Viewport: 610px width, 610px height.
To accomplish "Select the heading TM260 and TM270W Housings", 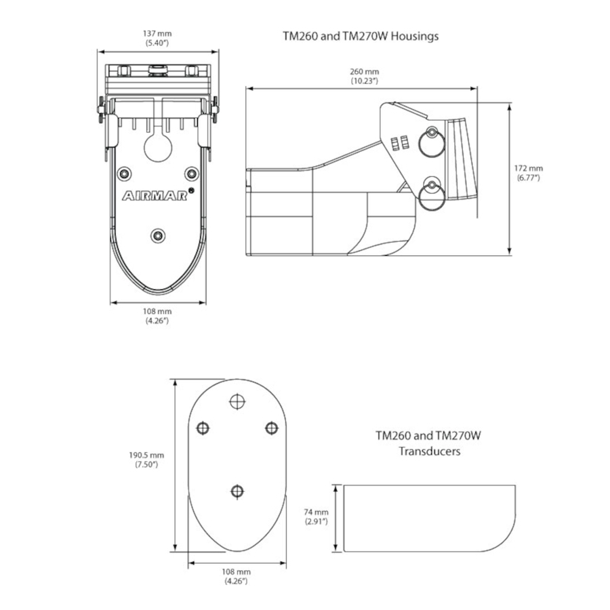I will [360, 36].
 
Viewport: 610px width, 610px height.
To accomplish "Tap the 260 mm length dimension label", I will [364, 76].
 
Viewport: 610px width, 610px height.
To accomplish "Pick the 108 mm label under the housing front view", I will [157, 316].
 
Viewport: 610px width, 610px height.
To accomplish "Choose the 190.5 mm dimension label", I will [147, 460].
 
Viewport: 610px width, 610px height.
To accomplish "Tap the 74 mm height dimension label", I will [316, 516].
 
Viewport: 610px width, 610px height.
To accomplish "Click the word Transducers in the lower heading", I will [428, 451].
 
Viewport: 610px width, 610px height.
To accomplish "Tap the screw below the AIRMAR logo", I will [158, 235].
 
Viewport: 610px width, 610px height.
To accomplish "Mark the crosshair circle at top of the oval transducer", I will [237, 401].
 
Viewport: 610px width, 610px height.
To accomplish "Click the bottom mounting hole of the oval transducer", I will [237, 490].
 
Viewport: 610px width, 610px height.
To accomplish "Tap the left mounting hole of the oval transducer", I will [202, 427].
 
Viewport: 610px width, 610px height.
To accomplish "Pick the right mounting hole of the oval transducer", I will [271, 427].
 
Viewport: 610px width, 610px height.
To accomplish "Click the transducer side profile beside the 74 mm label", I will [427, 516].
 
